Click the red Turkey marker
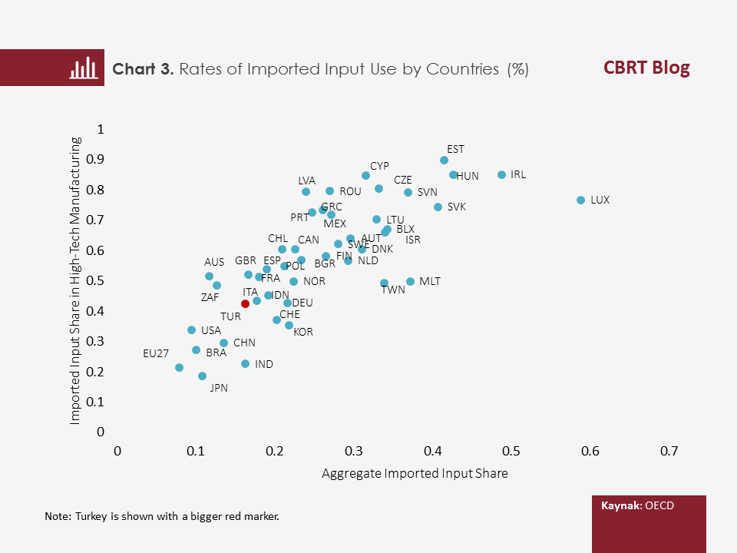click(x=245, y=304)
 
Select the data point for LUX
click(x=580, y=200)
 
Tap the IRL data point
click(x=502, y=175)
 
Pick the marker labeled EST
click(x=444, y=161)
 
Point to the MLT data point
click(x=410, y=282)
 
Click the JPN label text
click(x=219, y=389)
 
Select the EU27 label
click(x=156, y=354)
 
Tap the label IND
click(x=264, y=364)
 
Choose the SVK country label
click(x=457, y=207)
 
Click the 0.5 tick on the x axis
click(x=511, y=451)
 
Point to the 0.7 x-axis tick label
click(x=668, y=451)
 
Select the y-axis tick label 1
click(x=100, y=129)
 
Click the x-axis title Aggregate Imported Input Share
click(x=415, y=473)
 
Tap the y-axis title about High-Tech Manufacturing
click(x=75, y=280)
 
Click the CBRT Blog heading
click(x=646, y=68)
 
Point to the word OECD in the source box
click(x=659, y=507)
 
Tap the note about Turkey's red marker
click(x=162, y=516)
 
